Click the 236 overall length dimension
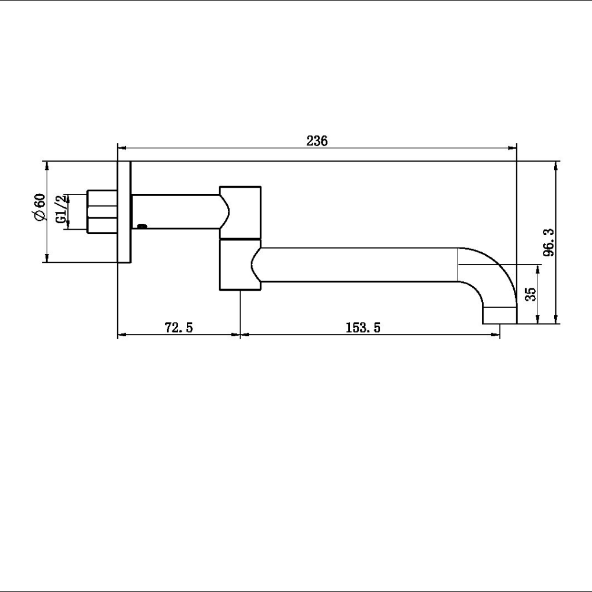317,141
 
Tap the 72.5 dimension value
179,327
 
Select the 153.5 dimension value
363,327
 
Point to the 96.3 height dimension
549,242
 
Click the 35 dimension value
531,294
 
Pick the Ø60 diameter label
40,207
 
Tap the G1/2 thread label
61,209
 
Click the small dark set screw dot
142,226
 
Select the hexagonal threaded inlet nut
102,211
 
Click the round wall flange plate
124,212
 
